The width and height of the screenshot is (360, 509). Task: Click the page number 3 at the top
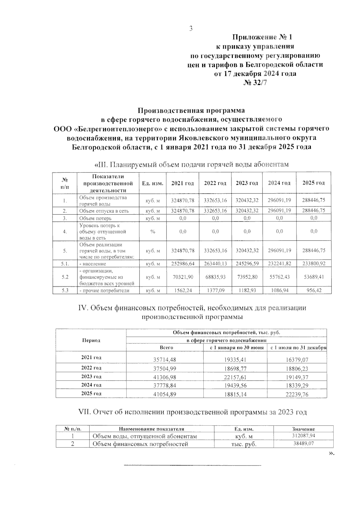click(190, 28)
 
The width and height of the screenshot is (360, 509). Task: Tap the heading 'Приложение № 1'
click(262, 37)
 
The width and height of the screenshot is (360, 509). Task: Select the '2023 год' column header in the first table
click(247, 183)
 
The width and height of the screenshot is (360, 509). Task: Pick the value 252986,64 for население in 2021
click(183, 264)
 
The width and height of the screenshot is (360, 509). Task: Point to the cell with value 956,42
click(313, 290)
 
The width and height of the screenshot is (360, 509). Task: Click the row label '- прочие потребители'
click(104, 290)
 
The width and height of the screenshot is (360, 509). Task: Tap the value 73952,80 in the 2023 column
click(247, 277)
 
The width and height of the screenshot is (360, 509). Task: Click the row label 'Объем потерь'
click(95, 218)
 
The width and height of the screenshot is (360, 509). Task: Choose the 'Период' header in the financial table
click(91, 340)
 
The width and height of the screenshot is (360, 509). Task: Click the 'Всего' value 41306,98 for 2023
click(165, 377)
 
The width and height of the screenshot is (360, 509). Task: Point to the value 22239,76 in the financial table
click(297, 394)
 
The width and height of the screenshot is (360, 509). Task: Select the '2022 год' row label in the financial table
click(91, 368)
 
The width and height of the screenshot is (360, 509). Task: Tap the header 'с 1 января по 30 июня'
click(235, 348)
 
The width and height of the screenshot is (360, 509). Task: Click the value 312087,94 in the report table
click(303, 436)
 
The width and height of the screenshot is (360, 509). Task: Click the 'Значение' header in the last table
click(303, 429)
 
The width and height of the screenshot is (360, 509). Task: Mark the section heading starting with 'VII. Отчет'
click(192, 412)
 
